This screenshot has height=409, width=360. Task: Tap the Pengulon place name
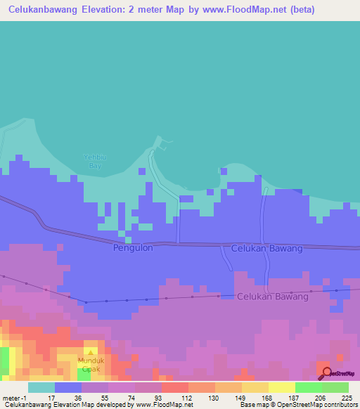pyautogui.click(x=132, y=248)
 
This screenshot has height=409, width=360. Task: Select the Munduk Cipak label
pyautogui.click(x=91, y=363)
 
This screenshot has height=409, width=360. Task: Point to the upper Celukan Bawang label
pyautogui.click(x=266, y=248)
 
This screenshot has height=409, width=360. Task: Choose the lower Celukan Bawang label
pyautogui.click(x=272, y=297)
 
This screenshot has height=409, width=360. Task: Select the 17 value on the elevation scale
pyautogui.click(x=51, y=398)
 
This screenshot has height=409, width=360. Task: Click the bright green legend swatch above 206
pyautogui.click(x=308, y=387)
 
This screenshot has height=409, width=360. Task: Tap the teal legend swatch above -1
pyautogui.click(x=41, y=387)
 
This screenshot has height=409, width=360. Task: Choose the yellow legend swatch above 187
pyautogui.click(x=281, y=387)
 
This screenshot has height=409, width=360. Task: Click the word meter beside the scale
pyautogui.click(x=13, y=398)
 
